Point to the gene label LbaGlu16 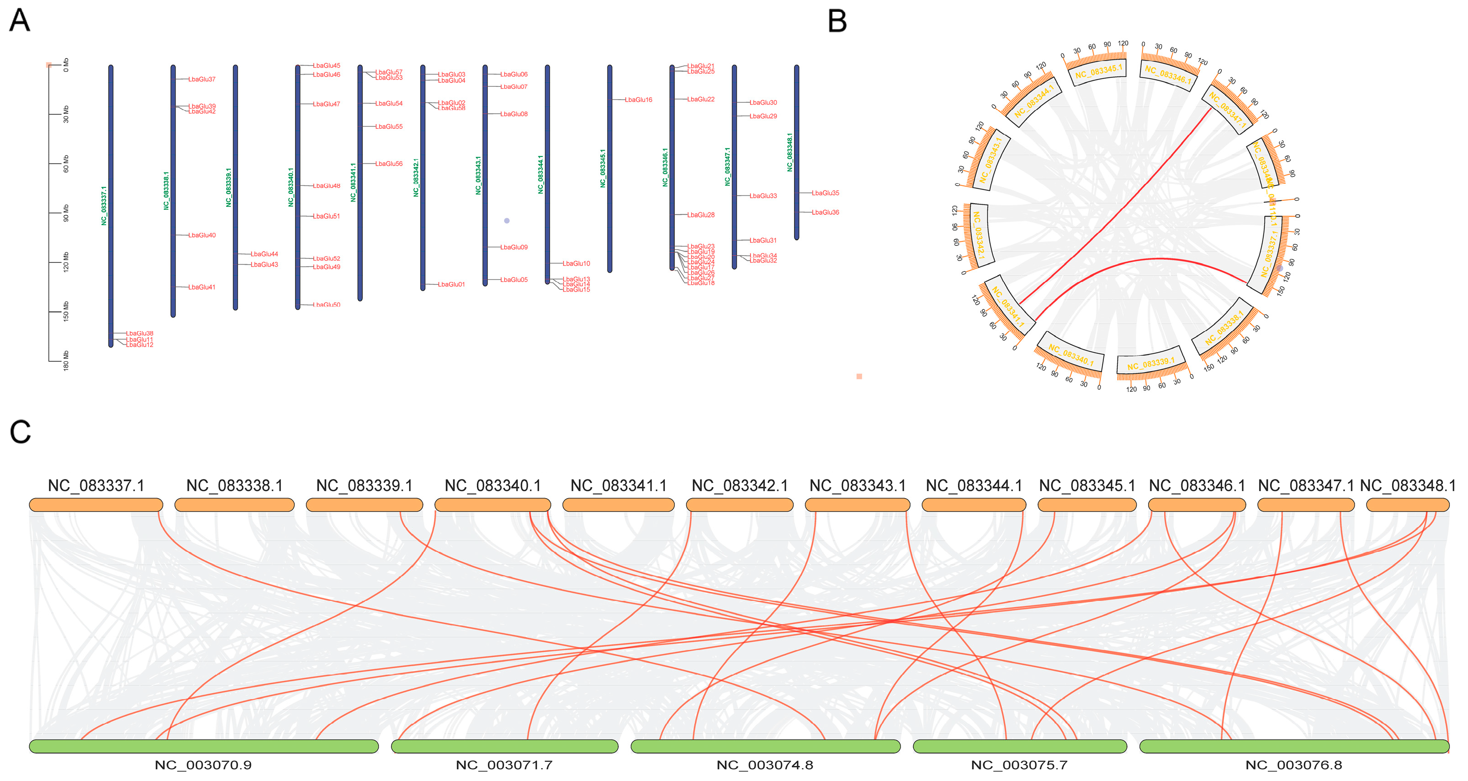point(638,100)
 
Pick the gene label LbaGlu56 point(389,163)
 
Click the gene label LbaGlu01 point(451,284)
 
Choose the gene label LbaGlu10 point(576,264)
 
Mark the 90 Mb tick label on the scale point(66,212)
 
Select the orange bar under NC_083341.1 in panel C point(618,505)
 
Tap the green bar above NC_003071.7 point(504,746)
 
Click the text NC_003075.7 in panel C point(1019,765)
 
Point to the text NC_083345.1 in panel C point(1087,485)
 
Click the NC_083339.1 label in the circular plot point(1150,364)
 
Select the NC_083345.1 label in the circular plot point(1098,72)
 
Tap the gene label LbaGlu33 point(763,196)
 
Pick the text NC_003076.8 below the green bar point(1293,765)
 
